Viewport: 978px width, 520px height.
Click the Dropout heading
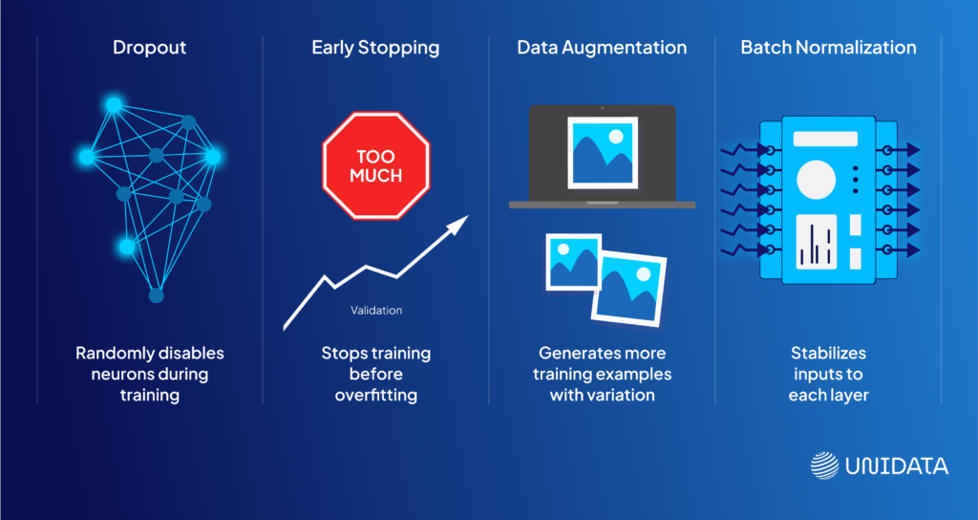(x=150, y=48)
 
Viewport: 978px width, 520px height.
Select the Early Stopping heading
(x=375, y=48)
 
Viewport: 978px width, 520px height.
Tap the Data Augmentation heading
(x=602, y=48)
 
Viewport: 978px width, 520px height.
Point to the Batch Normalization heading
(x=828, y=48)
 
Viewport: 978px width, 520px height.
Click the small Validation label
(x=376, y=310)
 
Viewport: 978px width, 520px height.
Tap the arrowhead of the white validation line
(x=461, y=222)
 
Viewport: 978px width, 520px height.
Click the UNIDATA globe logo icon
(x=824, y=466)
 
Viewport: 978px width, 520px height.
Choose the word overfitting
(x=376, y=395)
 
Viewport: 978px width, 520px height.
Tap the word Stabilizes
(x=828, y=353)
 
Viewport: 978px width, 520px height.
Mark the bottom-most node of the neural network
(x=157, y=295)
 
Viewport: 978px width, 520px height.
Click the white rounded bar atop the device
(x=825, y=139)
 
